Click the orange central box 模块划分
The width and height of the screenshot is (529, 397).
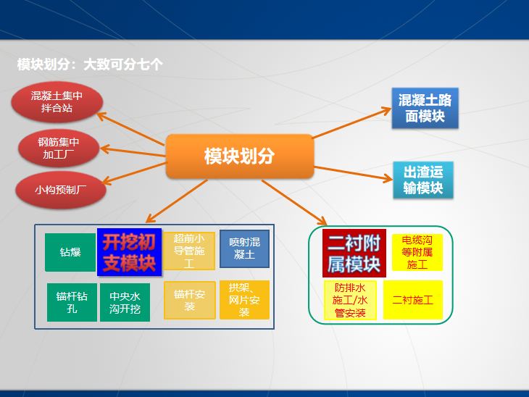239,156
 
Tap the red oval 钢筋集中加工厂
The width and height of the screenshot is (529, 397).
59,147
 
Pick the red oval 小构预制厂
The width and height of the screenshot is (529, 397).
61,191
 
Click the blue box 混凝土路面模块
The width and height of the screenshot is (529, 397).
425,108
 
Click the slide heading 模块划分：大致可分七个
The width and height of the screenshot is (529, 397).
90,64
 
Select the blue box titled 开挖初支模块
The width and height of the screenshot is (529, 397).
129,251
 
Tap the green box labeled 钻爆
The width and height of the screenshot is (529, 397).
70,252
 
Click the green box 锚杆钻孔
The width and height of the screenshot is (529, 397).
72,302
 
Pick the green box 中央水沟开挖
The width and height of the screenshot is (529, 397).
125,302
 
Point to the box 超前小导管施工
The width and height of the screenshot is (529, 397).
189,251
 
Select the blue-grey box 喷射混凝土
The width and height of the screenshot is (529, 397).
244,248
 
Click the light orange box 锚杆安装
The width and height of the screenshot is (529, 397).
189,300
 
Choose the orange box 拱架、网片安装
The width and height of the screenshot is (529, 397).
244,300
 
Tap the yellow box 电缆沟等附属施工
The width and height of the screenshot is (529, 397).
417,252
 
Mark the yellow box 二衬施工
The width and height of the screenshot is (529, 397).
412,300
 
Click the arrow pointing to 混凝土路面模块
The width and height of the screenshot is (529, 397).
351,124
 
